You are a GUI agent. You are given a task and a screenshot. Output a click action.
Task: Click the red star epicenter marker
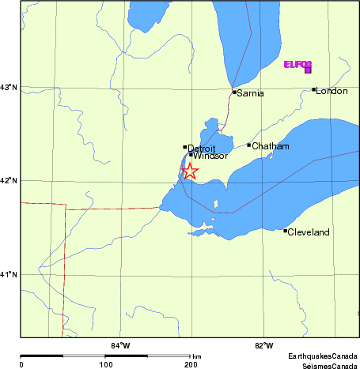189,171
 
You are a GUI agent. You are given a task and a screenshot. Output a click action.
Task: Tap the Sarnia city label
251,93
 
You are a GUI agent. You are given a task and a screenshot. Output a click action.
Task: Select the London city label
332,91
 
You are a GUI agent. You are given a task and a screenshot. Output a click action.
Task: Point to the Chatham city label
271,146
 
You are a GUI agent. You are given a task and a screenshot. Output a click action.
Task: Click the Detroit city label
202,148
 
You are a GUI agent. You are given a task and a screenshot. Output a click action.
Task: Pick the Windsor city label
210,156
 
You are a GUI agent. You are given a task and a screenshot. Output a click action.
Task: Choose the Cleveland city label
309,232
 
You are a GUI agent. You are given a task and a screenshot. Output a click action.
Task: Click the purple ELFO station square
307,70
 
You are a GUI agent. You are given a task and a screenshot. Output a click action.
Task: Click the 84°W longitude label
120,345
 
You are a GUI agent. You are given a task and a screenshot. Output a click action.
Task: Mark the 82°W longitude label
264,345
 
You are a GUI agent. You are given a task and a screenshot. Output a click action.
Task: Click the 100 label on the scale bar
105,364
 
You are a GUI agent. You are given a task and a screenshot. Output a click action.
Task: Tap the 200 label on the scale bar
190,364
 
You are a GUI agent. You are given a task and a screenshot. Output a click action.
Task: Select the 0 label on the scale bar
21,364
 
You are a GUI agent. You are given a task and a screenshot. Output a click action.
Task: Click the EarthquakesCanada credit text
323,357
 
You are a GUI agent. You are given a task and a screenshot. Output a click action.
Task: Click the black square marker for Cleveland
285,231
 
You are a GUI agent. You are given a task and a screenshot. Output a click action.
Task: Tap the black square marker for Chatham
248,145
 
